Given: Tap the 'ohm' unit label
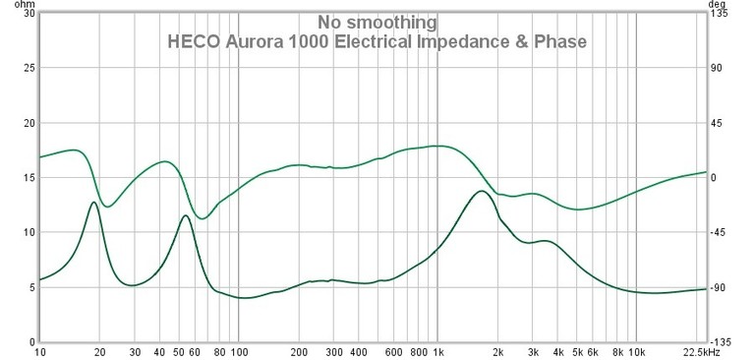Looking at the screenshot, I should point(14,5).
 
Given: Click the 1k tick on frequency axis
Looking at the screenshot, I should point(438,351).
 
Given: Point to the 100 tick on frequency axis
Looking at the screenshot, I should point(238,351).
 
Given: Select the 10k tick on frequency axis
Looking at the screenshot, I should point(637,351).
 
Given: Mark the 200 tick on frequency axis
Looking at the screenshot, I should point(299,351).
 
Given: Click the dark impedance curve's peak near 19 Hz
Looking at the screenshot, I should point(93,202).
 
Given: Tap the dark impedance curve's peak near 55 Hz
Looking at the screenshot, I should point(184,215).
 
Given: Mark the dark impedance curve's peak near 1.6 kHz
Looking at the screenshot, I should point(480,191).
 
